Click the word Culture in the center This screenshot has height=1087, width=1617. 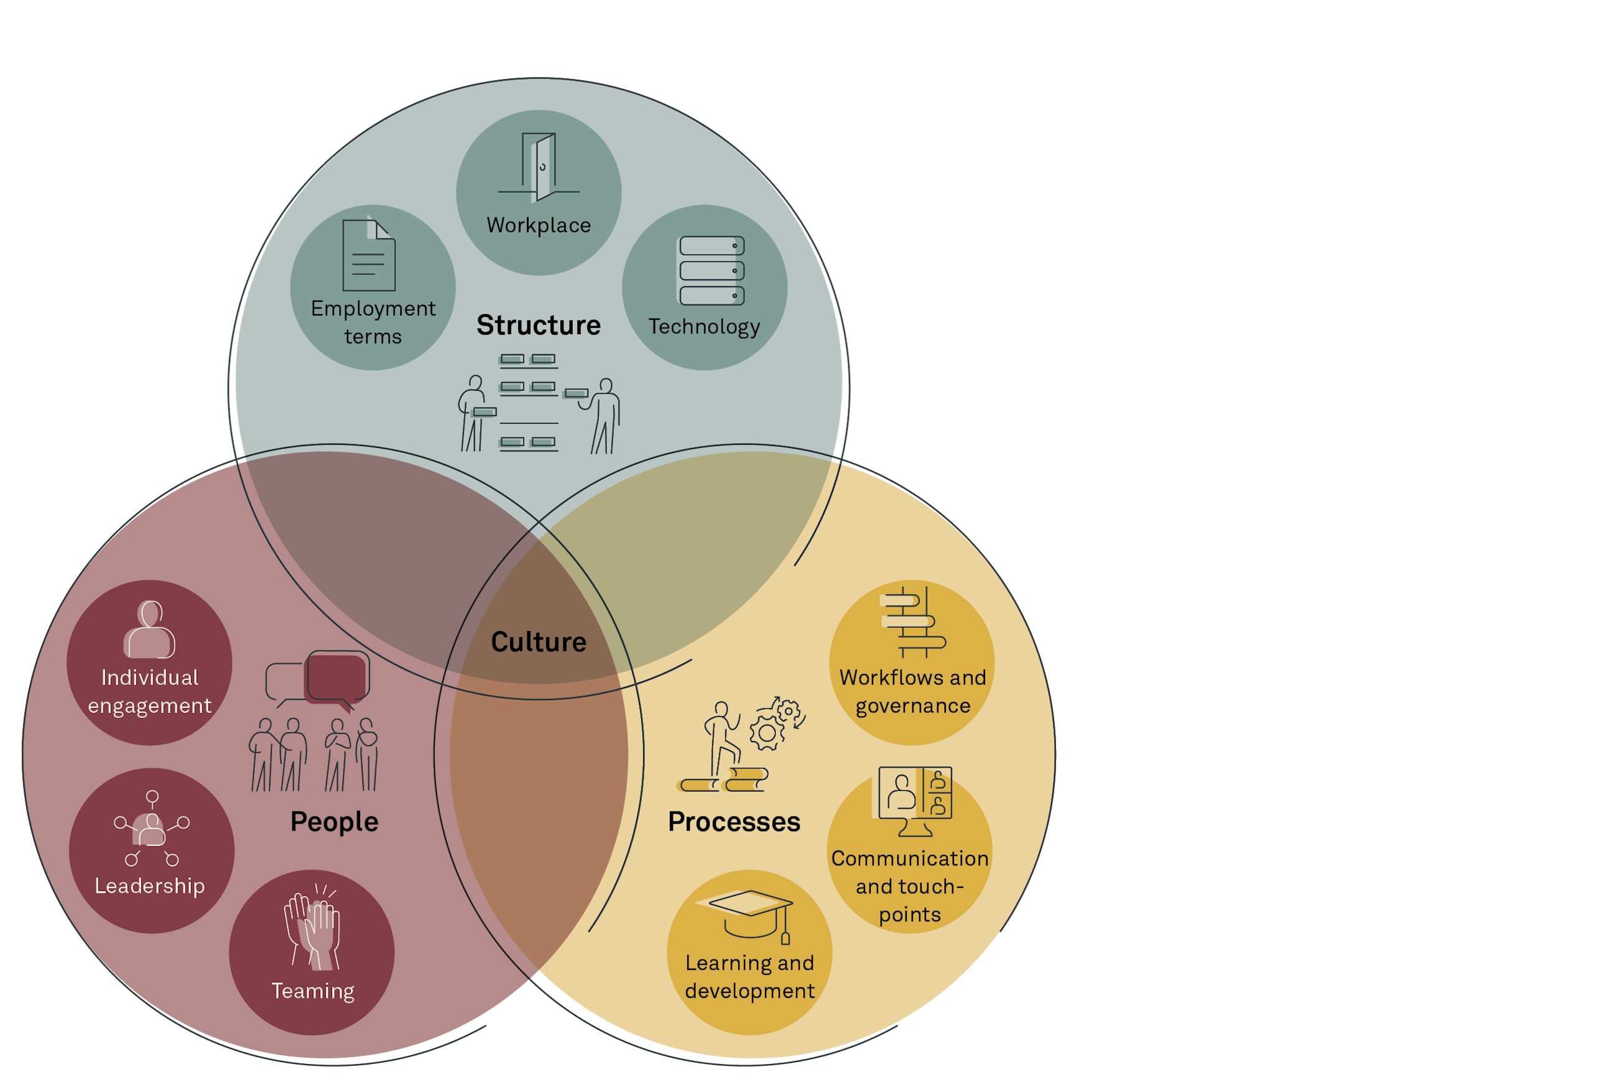click(x=539, y=642)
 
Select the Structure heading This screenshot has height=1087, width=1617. click(x=539, y=325)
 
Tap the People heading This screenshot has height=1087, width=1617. click(x=334, y=821)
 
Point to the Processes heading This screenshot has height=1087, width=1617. click(x=734, y=821)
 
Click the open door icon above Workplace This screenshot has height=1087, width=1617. click(x=540, y=166)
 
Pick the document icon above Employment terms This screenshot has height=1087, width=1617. click(x=369, y=254)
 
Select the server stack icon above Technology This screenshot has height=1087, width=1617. click(x=711, y=271)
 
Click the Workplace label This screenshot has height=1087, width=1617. click(x=539, y=225)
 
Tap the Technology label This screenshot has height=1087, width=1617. click(x=704, y=327)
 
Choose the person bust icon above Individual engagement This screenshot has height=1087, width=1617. click(x=150, y=630)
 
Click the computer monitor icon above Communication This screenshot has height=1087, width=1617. click(x=914, y=801)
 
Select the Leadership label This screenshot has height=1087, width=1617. click(x=150, y=886)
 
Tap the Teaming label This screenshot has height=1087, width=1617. click(x=312, y=991)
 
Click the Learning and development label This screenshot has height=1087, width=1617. click(x=749, y=977)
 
